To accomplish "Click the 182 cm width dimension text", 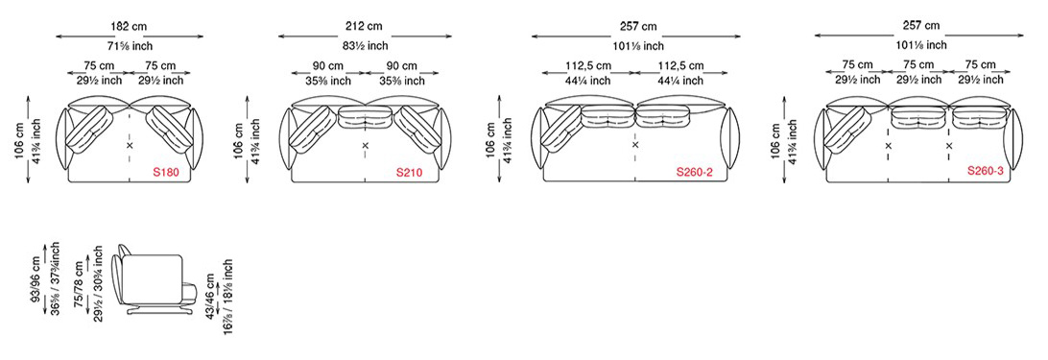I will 129,27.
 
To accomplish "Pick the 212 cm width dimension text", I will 366,27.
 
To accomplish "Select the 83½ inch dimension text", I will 366,45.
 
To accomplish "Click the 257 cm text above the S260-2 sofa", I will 637,27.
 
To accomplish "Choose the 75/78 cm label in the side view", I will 79,279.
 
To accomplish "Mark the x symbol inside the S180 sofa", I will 130,145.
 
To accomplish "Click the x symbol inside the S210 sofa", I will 366,145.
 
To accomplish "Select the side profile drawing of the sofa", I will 154,280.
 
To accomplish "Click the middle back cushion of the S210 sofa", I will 365,117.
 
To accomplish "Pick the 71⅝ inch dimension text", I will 129,45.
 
